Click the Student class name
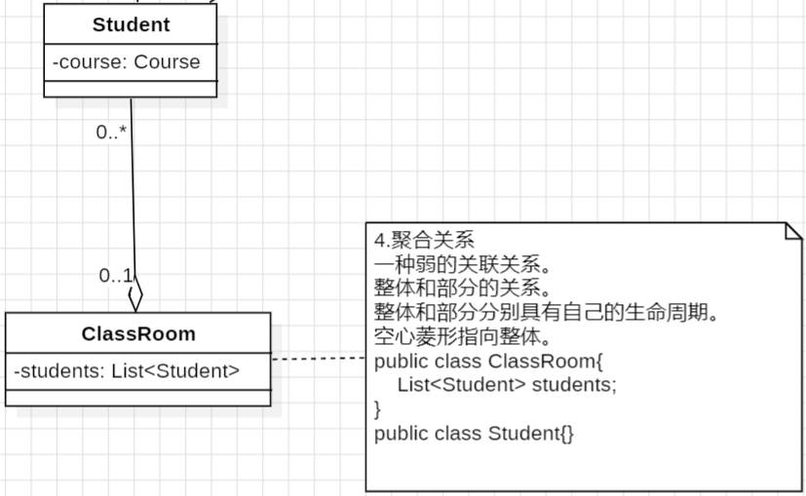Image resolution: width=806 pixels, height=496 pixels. [131, 24]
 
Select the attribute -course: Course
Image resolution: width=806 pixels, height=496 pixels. [127, 62]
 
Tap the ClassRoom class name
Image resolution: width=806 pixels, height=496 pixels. [138, 334]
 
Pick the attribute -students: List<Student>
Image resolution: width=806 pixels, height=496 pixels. [127, 370]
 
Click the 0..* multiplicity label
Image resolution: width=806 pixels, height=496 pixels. [112, 133]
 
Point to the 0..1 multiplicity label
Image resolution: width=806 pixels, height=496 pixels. [115, 276]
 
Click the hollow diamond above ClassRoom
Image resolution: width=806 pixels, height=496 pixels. [135, 291]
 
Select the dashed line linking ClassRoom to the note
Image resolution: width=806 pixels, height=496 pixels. [318, 359]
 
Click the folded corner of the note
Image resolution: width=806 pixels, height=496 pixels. [793, 231]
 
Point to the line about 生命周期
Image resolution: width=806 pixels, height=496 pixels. [547, 313]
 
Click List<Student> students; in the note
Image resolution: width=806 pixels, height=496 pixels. [507, 385]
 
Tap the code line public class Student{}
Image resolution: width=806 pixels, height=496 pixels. [475, 433]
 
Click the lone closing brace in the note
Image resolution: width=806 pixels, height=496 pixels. [378, 408]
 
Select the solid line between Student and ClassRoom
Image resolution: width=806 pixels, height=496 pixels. [133, 195]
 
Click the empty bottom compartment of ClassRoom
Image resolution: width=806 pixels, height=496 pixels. [138, 397]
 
